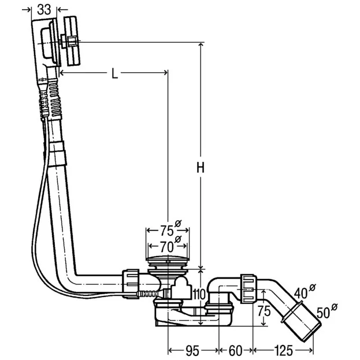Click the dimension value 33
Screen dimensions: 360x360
pyautogui.click(x=43, y=9)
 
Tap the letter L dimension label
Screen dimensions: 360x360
pyautogui.click(x=114, y=73)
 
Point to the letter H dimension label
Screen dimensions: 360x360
pyautogui.click(x=200, y=168)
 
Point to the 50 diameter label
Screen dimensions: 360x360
pyautogui.click(x=325, y=313)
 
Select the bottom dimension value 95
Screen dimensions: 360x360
pyautogui.click(x=192, y=350)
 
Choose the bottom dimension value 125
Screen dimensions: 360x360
pyautogui.click(x=283, y=350)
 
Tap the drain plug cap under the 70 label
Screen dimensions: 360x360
pyautogui.click(x=168, y=261)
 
